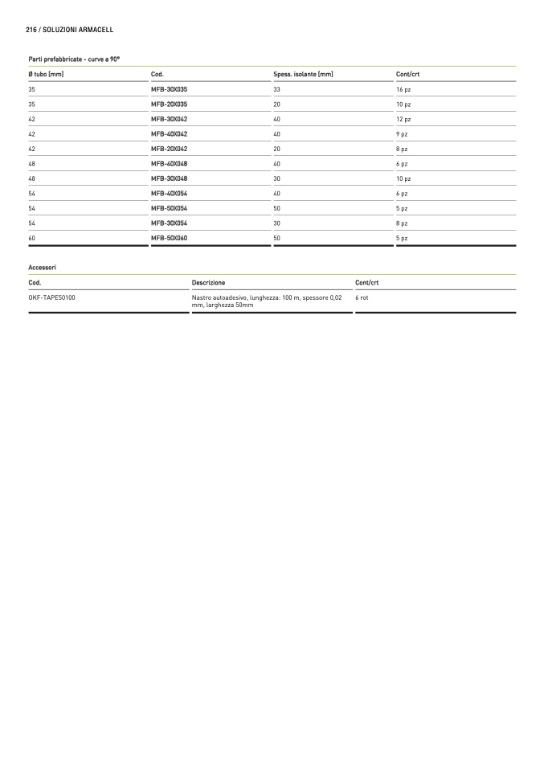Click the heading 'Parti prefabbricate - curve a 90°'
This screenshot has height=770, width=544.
click(x=74, y=59)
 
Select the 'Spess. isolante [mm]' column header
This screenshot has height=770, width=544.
click(x=303, y=75)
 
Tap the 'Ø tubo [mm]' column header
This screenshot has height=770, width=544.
click(x=46, y=75)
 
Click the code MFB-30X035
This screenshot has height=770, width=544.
click(x=169, y=89)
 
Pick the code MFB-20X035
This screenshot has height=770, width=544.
click(x=169, y=104)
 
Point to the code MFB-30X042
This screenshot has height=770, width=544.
click(x=169, y=119)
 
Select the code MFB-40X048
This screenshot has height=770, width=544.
click(x=169, y=164)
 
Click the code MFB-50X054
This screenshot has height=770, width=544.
click(x=169, y=208)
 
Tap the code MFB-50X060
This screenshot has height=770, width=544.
click(x=169, y=239)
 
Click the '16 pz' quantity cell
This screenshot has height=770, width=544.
click(x=403, y=89)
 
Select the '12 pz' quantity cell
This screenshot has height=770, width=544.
click(x=403, y=119)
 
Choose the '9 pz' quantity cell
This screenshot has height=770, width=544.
click(x=402, y=134)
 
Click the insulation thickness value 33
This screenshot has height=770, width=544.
click(x=277, y=89)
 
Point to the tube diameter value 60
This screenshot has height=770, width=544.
click(x=32, y=239)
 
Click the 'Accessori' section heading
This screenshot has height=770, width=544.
click(x=42, y=267)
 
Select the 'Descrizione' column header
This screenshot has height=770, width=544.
click(x=209, y=283)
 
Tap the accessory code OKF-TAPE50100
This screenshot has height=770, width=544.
click(x=52, y=297)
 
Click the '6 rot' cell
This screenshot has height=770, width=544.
click(x=362, y=297)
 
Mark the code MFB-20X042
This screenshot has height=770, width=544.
click(x=169, y=149)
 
